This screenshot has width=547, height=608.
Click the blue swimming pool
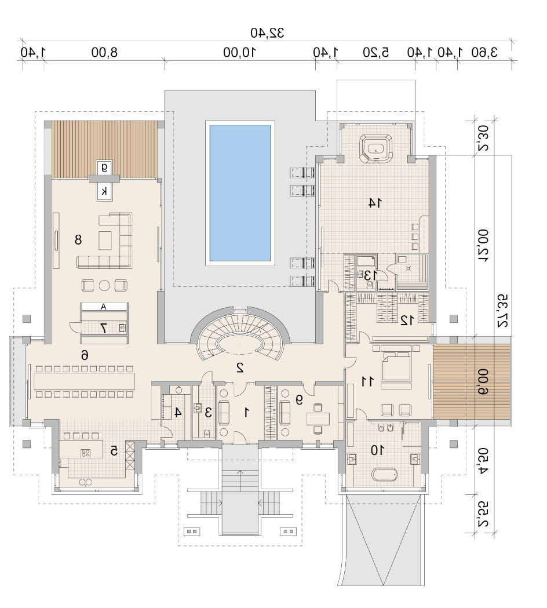click(240, 192)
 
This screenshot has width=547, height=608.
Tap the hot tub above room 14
click(375, 148)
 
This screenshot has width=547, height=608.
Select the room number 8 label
click(78, 239)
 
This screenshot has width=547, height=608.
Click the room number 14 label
click(375, 202)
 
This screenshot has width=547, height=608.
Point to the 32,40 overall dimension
click(267, 33)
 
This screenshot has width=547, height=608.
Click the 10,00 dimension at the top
click(239, 52)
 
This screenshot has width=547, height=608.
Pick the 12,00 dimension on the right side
click(483, 245)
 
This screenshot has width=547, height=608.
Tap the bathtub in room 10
click(384, 474)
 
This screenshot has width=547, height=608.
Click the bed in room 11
click(396, 366)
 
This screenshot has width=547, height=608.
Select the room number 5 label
click(114, 450)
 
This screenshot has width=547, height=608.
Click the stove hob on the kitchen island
click(85, 453)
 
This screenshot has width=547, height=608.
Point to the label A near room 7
click(104, 307)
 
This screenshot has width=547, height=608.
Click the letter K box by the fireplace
click(104, 191)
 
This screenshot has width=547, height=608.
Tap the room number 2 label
click(240, 367)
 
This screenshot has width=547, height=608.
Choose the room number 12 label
click(407, 320)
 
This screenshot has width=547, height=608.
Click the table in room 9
click(318, 419)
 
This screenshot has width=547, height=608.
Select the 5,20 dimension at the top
click(375, 52)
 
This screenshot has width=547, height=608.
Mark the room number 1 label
click(246, 413)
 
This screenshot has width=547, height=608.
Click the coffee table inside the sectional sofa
click(105, 241)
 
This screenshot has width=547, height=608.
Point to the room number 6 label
click(85, 354)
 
